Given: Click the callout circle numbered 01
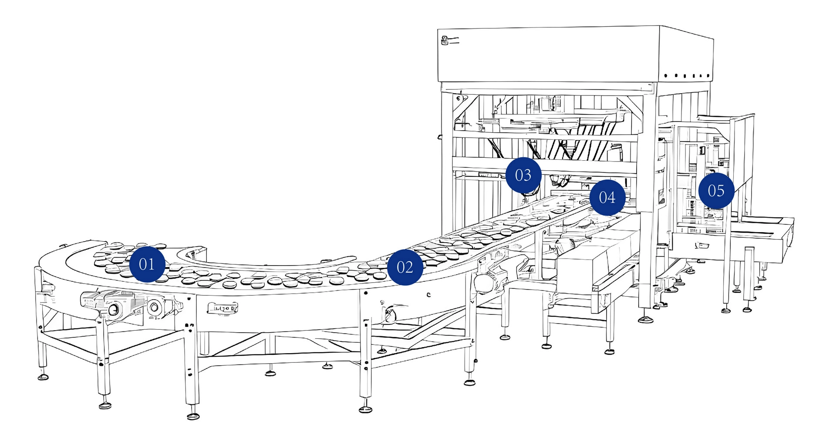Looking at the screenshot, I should pos(147,264).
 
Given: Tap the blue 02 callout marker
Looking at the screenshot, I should pos(405,267).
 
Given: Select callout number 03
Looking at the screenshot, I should pos(523,175).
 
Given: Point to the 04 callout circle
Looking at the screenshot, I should pos(607,197).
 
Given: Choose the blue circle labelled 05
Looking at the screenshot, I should pos(716,191).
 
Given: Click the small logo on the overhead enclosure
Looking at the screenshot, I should pos(445,41).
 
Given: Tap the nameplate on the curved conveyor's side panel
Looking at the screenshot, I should pos(222,308).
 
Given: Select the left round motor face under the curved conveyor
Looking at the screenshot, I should pos(114,310).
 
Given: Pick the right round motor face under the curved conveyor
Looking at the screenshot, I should pos(154,307).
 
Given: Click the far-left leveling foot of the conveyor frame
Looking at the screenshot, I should pos(43,377).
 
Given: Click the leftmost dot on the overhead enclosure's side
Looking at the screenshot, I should pos(666,76).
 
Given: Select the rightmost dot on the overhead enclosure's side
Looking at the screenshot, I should pos(708,76).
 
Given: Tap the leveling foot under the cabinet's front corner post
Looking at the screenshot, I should pos(645,320).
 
